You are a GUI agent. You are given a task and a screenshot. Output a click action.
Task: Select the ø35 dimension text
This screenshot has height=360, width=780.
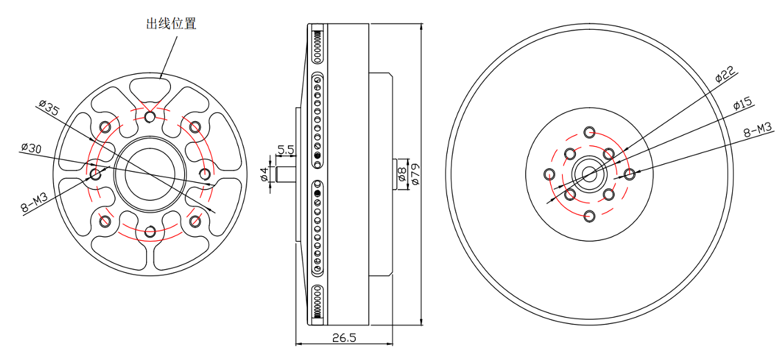(49, 107)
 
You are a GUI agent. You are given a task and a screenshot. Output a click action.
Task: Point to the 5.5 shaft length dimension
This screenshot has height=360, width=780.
(287, 149)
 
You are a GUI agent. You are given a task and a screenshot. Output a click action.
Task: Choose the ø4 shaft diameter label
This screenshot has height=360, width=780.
(264, 174)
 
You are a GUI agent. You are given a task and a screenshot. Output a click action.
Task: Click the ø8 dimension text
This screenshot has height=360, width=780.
(402, 174)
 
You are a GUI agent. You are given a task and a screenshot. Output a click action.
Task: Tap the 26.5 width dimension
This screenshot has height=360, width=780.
(344, 338)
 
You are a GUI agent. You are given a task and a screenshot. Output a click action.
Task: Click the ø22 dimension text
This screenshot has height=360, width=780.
(725, 74)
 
